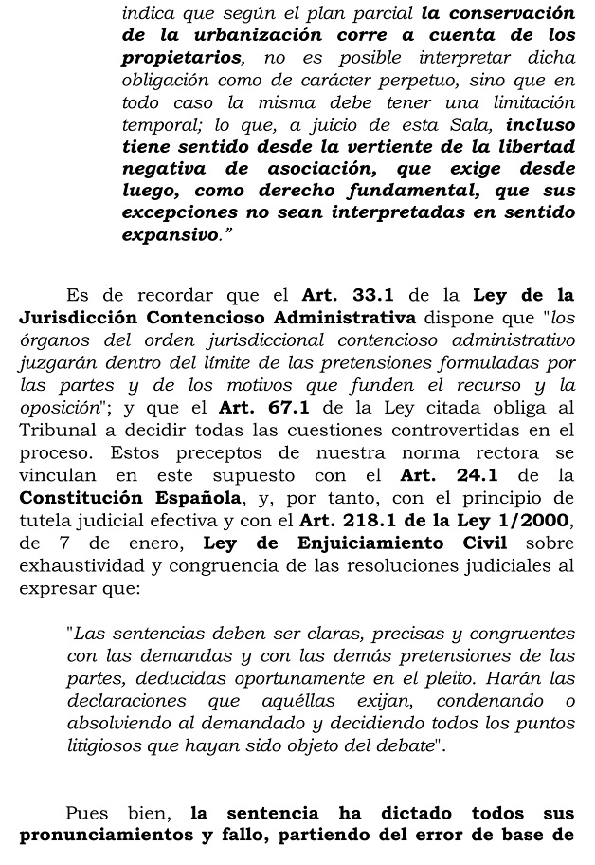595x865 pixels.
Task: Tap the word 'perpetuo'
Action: tap(388, 80)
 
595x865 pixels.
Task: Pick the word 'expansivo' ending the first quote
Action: tap(170, 234)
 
